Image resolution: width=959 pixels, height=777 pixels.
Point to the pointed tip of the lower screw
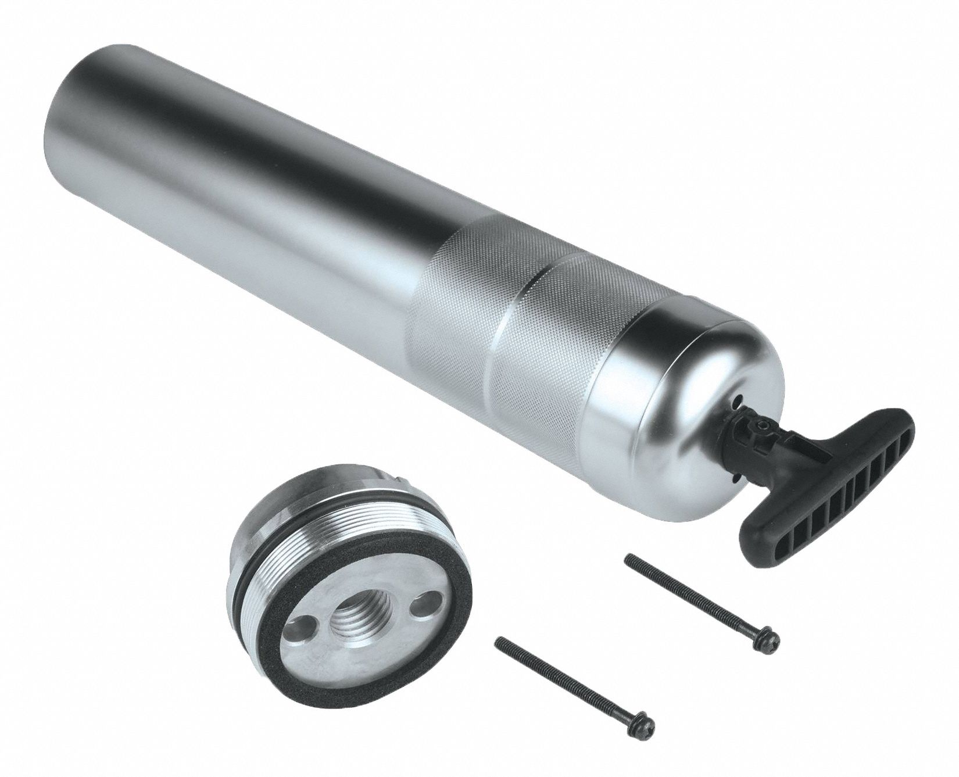(x=497, y=639)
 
